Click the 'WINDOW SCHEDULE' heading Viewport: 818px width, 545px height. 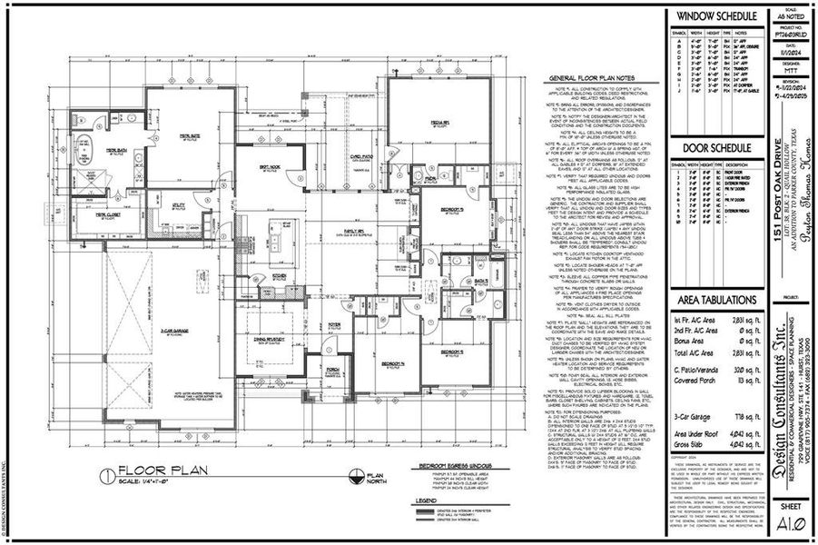tap(714, 17)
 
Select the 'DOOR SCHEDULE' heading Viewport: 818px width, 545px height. tap(714, 149)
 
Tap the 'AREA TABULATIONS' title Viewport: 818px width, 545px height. tap(714, 300)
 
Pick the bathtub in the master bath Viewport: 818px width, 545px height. tap(87, 147)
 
